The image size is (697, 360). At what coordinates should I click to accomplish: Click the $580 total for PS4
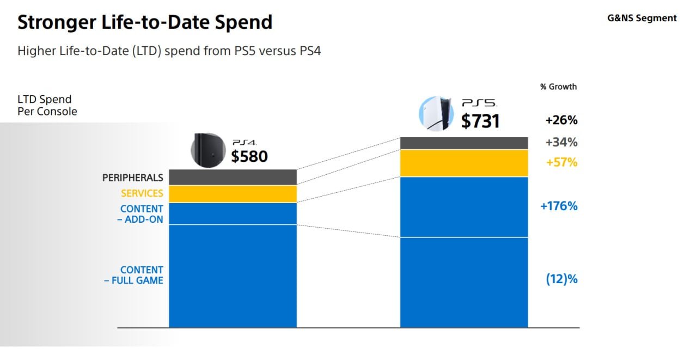(x=249, y=156)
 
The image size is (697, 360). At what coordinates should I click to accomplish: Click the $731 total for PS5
(x=480, y=121)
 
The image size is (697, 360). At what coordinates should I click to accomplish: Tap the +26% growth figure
(x=561, y=120)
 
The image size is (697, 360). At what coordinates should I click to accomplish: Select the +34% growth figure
(x=561, y=143)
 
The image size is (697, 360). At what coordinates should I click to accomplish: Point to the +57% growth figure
(x=561, y=162)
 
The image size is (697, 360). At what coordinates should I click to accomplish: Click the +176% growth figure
(x=559, y=206)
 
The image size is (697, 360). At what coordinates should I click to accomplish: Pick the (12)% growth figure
(x=561, y=279)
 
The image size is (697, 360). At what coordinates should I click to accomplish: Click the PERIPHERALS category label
(x=133, y=178)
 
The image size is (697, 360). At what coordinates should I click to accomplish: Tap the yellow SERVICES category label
(x=142, y=193)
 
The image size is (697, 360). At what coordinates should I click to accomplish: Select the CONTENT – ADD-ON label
(x=142, y=214)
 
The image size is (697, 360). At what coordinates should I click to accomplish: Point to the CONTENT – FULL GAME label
(x=134, y=275)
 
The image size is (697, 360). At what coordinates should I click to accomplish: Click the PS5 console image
(x=436, y=114)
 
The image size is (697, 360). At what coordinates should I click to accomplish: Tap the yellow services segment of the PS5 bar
(x=464, y=163)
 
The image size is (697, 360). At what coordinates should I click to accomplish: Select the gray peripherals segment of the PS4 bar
(x=233, y=177)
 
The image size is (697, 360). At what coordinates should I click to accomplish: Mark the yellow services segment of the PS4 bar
(x=233, y=194)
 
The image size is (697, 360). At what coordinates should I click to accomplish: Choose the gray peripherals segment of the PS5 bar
(x=464, y=143)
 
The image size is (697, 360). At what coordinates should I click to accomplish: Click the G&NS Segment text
(x=642, y=18)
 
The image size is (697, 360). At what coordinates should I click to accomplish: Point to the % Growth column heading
(x=558, y=87)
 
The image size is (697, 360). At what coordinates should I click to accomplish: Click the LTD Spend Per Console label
(x=47, y=106)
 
